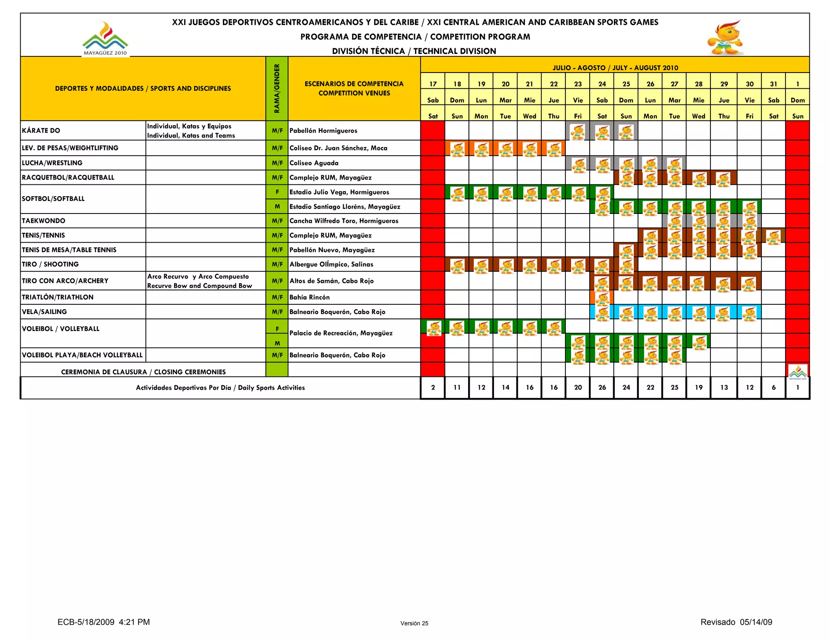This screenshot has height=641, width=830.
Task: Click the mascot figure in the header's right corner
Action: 725,38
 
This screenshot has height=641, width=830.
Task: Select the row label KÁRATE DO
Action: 41,130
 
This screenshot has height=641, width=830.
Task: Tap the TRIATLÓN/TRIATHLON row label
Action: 58,297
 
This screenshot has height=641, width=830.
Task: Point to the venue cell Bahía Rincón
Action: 310,297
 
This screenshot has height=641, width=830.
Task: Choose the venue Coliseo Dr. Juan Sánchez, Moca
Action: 338,148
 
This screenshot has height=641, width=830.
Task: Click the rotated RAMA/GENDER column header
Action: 277,88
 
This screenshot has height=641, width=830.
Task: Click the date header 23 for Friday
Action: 578,84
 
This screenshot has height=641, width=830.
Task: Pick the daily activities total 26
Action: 602,387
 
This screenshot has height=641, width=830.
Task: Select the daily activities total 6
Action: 774,387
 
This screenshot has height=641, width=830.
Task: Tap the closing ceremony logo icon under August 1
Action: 798,372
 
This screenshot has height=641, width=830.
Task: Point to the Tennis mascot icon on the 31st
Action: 774,237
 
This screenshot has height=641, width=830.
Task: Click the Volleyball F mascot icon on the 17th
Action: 434,328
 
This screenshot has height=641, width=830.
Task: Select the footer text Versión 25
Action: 414,623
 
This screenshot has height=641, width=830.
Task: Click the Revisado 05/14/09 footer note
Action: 736,622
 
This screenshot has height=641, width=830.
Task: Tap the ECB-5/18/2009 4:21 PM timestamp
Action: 104,622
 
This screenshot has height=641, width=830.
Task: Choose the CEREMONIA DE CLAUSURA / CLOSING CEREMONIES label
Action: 143,372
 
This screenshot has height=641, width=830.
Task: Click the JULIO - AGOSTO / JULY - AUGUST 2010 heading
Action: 615,68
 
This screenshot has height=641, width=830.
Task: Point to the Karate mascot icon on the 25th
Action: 626,132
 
